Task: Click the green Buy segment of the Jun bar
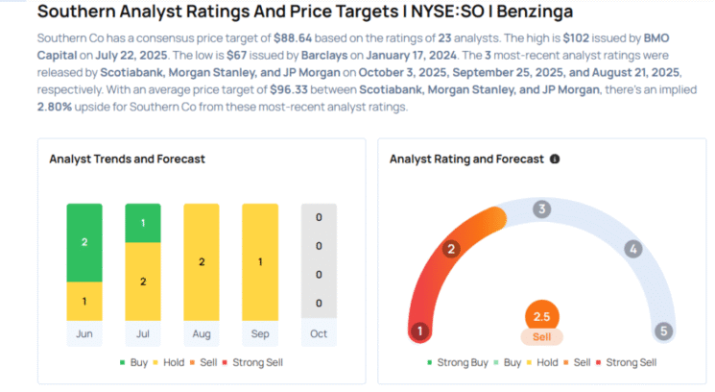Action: (x=84, y=242)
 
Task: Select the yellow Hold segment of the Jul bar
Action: (x=143, y=281)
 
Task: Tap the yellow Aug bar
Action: (x=202, y=261)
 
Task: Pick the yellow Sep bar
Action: (x=260, y=261)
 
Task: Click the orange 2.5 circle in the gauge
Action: (x=541, y=316)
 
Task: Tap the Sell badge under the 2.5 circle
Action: (x=541, y=337)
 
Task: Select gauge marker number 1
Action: (x=418, y=331)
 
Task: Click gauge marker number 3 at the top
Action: (x=541, y=209)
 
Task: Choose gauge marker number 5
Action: (x=663, y=331)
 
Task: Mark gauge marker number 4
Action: (x=632, y=249)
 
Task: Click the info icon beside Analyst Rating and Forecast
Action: (x=555, y=159)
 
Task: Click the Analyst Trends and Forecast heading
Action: (x=127, y=159)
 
